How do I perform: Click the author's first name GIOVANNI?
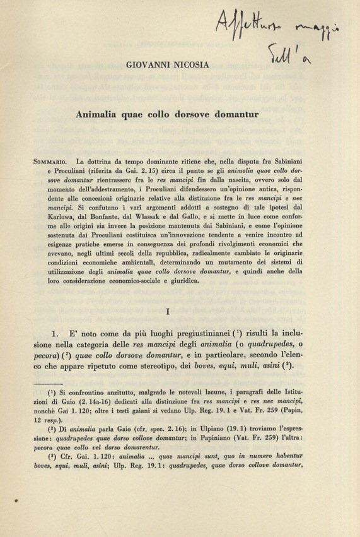click(149, 64)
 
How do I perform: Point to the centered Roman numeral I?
click(167, 311)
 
